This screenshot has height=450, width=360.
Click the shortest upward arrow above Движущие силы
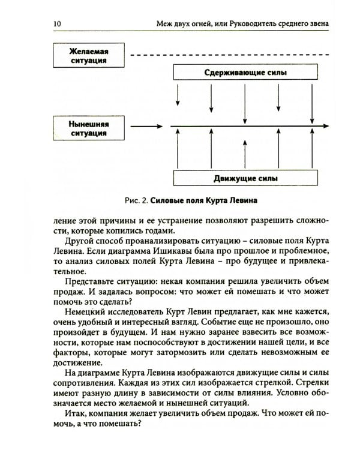[245, 154]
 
